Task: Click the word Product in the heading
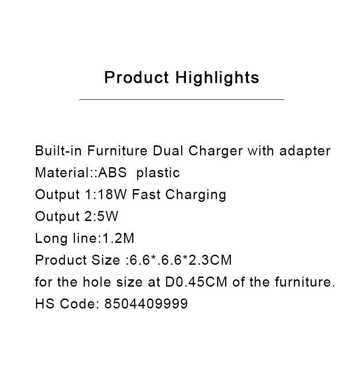click(137, 77)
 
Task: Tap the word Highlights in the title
click(217, 78)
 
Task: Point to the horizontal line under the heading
click(182, 100)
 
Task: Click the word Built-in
click(58, 150)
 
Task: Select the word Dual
click(168, 150)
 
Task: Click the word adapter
click(305, 151)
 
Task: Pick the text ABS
click(113, 173)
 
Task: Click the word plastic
click(158, 173)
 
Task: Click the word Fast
click(146, 195)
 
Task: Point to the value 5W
click(108, 216)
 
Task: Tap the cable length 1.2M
click(118, 238)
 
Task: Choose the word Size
click(106, 260)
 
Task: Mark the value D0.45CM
click(196, 282)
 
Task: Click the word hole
click(97, 282)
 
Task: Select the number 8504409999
click(146, 303)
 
